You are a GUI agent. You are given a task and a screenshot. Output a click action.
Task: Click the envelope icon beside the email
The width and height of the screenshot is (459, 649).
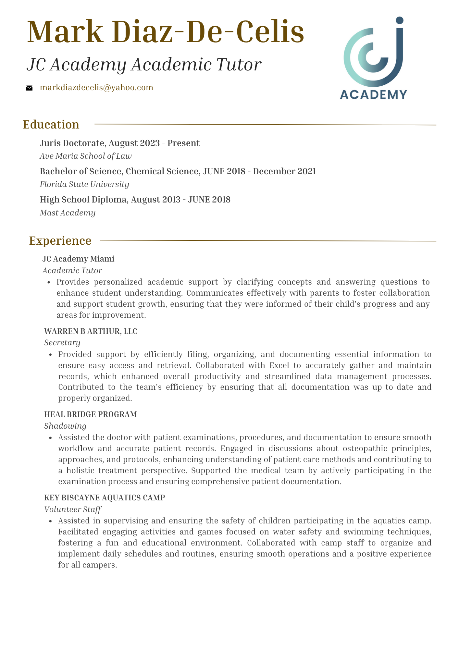pyautogui.click(x=30, y=88)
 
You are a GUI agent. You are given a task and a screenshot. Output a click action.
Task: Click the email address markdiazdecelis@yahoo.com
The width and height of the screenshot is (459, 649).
pyautogui.click(x=96, y=88)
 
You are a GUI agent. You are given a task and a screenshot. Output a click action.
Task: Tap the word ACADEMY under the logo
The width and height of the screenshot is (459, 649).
pyautogui.click(x=373, y=94)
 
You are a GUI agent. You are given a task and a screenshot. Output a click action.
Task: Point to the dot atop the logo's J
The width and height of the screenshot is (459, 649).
pyautogui.click(x=400, y=20)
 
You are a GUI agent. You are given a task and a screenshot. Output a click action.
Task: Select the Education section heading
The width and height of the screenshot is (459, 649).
pyautogui.click(x=51, y=125)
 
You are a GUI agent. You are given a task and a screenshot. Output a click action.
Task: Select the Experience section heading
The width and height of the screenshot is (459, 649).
pyautogui.click(x=60, y=241)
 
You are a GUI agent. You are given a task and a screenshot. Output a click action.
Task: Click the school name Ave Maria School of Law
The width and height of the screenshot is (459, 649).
pyautogui.click(x=86, y=156)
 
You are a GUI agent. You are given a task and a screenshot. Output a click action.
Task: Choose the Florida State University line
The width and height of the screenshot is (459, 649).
pyautogui.click(x=84, y=184)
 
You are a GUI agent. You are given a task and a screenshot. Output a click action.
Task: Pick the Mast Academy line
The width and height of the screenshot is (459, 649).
pyautogui.click(x=68, y=213)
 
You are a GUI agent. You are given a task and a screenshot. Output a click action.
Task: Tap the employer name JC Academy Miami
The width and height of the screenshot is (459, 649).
pyautogui.click(x=78, y=259)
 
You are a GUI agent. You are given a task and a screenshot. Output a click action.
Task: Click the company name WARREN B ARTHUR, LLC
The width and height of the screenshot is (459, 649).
pyautogui.click(x=91, y=331)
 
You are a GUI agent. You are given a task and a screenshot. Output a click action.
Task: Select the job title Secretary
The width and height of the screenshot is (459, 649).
pyautogui.click(x=62, y=343)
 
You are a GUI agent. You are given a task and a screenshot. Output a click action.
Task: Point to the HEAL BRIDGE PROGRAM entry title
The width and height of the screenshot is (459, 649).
pyautogui.click(x=91, y=414)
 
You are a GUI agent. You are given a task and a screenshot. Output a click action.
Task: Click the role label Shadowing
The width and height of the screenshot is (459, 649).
pyautogui.click(x=65, y=426)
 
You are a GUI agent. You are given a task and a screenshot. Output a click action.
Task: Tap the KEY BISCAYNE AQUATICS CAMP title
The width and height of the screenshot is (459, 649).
pyautogui.click(x=105, y=497)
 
